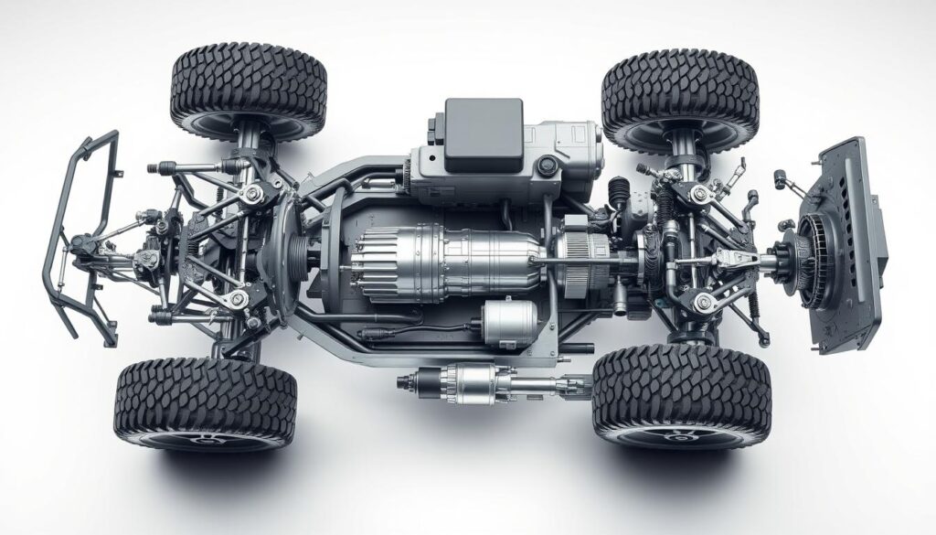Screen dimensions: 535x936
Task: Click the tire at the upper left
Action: click(248, 90)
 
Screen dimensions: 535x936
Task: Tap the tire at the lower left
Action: click(205, 402)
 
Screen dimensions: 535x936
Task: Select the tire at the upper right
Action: click(680, 98)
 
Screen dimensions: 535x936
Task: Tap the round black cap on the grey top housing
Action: click(548, 165)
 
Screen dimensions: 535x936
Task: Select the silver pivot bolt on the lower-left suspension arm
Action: click(239, 298)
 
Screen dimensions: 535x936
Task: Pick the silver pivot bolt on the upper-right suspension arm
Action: click(703, 192)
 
